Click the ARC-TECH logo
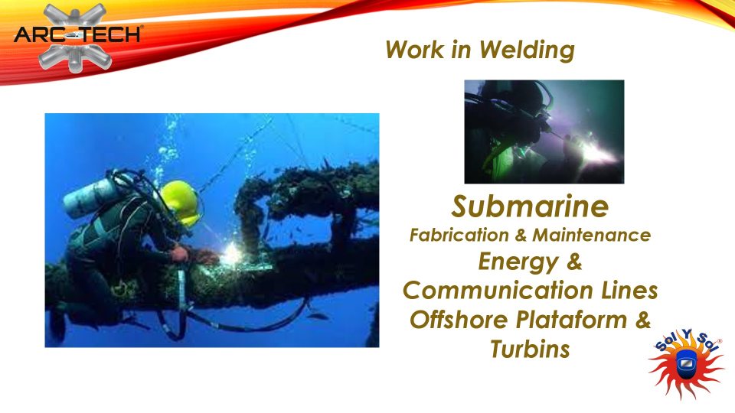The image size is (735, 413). [77, 37]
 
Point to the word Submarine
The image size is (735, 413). [530, 206]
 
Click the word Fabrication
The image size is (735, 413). [459, 235]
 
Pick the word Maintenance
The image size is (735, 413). [592, 235]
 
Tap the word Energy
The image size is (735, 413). [518, 262]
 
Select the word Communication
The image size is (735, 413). [498, 291]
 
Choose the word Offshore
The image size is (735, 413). [459, 320]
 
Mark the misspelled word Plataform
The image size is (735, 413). [571, 320]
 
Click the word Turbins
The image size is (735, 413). [530, 349]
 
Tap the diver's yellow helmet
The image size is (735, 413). [181, 203]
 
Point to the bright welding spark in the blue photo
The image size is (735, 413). [231, 255]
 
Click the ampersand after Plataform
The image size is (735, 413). [644, 320]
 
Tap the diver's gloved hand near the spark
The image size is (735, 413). [180, 254]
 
